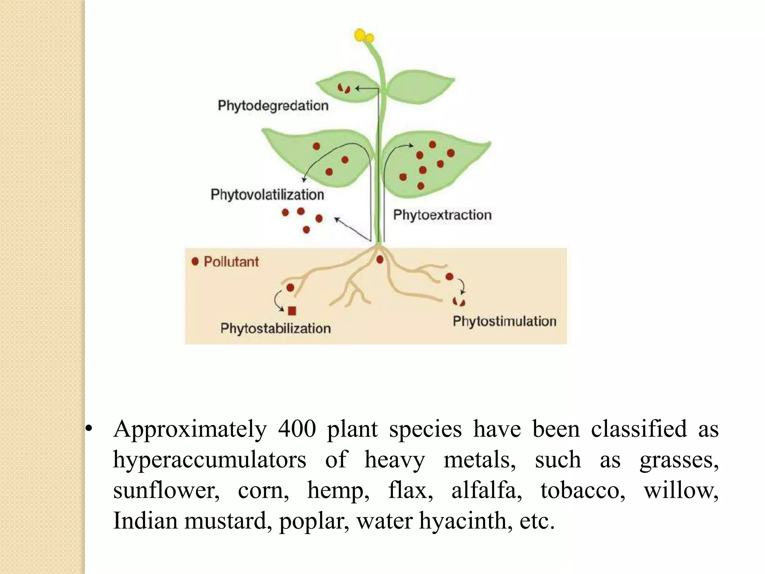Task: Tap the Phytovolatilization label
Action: point(267,195)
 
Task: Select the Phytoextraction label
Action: point(443,215)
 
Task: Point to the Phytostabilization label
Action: point(276,328)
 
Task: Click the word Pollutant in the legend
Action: point(231,262)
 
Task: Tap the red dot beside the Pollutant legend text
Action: point(195,262)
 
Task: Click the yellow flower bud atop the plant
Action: point(364,36)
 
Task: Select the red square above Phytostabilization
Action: point(292,311)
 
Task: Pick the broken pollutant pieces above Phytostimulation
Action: point(459,301)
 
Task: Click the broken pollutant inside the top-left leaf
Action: point(344,89)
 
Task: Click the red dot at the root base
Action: point(380,259)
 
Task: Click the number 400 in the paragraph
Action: point(297,429)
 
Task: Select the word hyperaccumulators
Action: point(210,460)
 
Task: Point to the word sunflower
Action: point(166,490)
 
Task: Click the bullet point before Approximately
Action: point(88,429)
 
